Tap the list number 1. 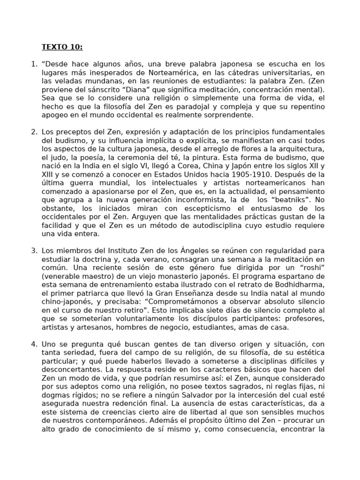pos(33,64)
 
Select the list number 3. pos(34,251)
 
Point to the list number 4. pos(34,344)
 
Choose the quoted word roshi pos(312,268)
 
